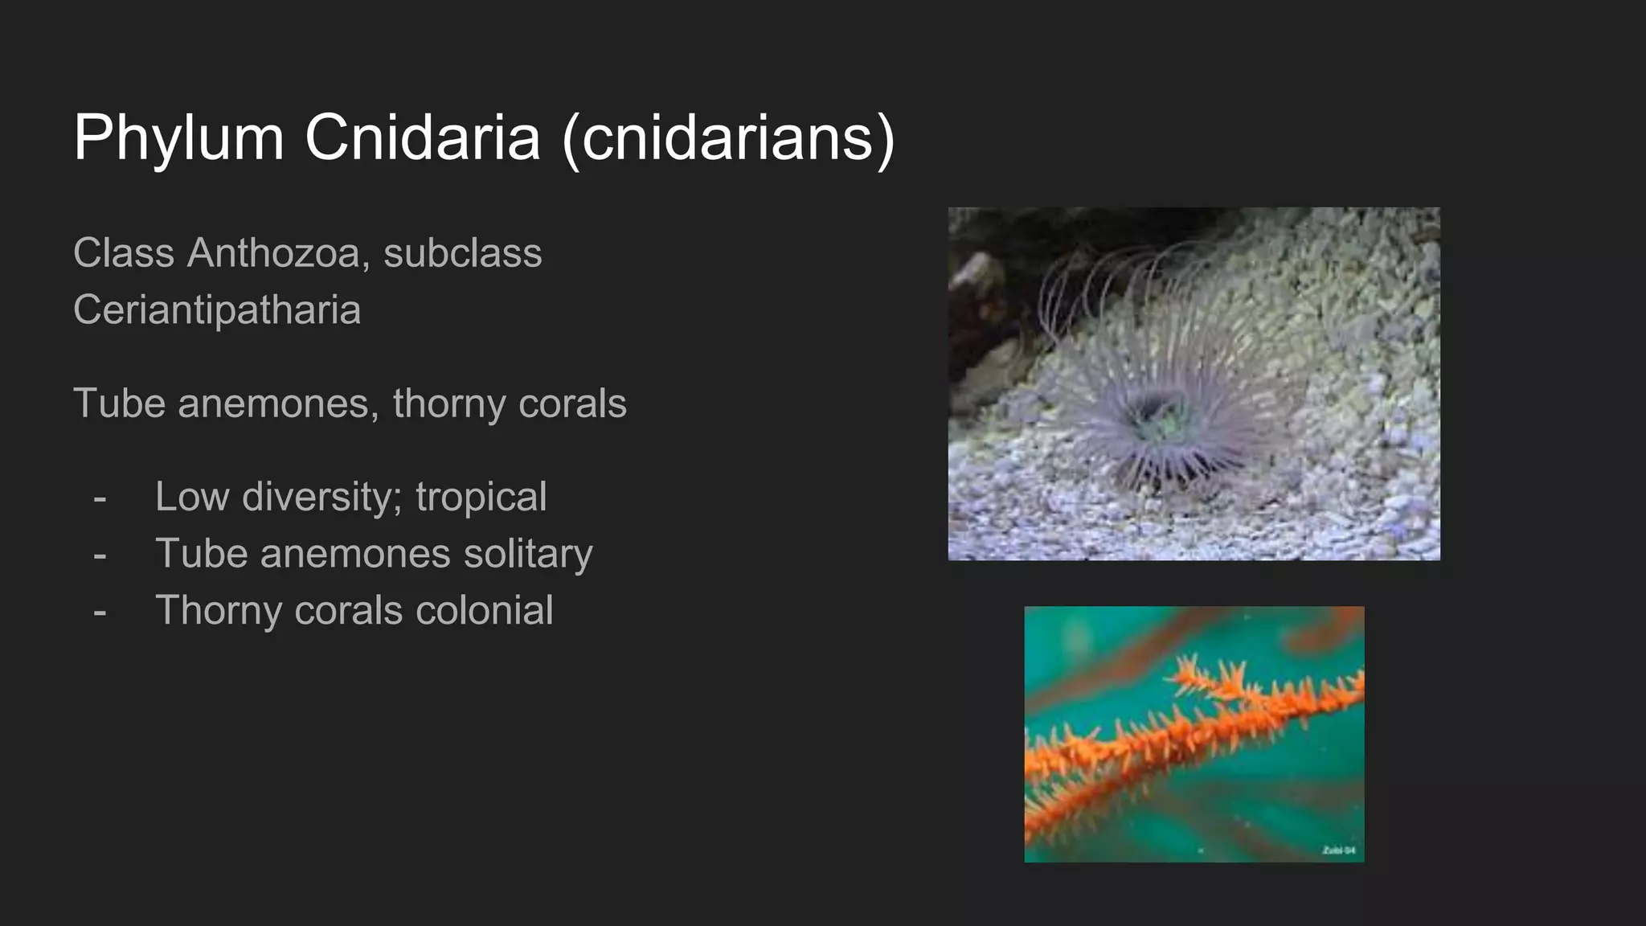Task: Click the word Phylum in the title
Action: [178, 138]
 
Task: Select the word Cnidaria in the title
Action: [422, 138]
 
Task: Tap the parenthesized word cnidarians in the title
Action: [728, 138]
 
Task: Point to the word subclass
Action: [462, 253]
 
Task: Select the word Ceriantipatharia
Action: [217, 310]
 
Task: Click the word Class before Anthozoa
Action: [124, 253]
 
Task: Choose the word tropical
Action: [481, 498]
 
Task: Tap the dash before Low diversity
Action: [100, 498]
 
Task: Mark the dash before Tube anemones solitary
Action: [100, 555]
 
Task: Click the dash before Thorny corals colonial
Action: [100, 613]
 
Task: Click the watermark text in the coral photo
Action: [1338, 850]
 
